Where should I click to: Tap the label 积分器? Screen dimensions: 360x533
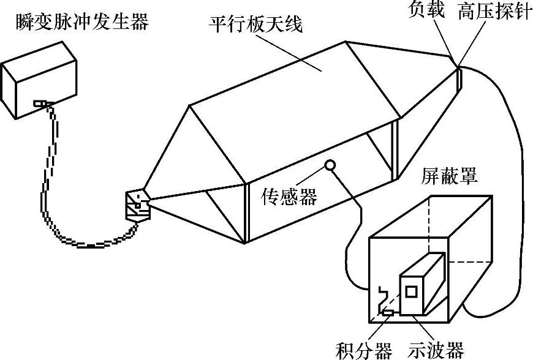click(x=364, y=351)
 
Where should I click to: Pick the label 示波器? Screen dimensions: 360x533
click(x=436, y=351)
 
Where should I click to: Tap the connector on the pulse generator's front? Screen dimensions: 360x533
click(x=39, y=104)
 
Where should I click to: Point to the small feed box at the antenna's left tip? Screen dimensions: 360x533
click(x=137, y=204)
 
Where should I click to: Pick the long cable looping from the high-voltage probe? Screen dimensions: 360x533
click(x=518, y=184)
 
